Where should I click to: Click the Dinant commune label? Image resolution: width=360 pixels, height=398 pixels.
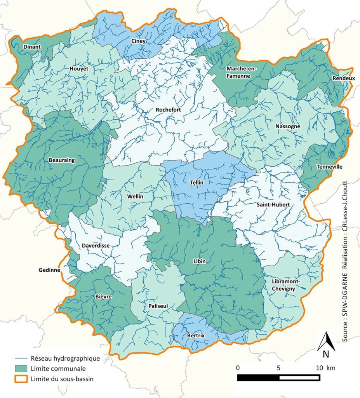click(31, 47)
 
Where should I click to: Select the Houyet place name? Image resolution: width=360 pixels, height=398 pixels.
click(79, 69)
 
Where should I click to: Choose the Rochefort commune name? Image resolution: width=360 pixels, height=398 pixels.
click(168, 110)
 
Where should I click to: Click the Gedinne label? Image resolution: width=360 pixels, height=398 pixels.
click(49, 270)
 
